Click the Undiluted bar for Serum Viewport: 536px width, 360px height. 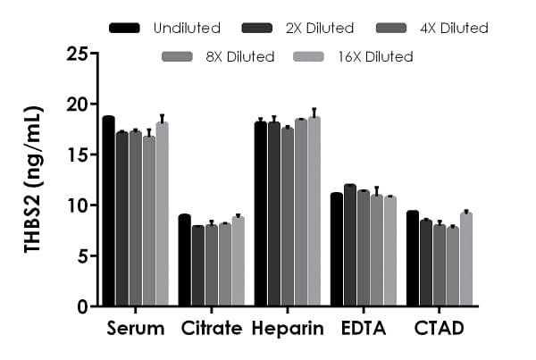pos(108,211)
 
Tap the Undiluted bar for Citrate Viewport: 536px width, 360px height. pos(184,260)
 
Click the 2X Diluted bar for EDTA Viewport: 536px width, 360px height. pos(350,245)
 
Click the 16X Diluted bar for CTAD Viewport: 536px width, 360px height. pos(466,259)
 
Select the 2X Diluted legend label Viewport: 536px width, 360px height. pos(325,29)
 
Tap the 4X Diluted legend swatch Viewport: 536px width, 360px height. pos(400,29)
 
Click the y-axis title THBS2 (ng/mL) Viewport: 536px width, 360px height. pos(33,180)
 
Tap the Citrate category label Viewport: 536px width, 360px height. pos(211,329)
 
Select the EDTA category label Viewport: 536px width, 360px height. pos(364,329)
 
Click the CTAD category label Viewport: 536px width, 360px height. pos(440,329)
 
